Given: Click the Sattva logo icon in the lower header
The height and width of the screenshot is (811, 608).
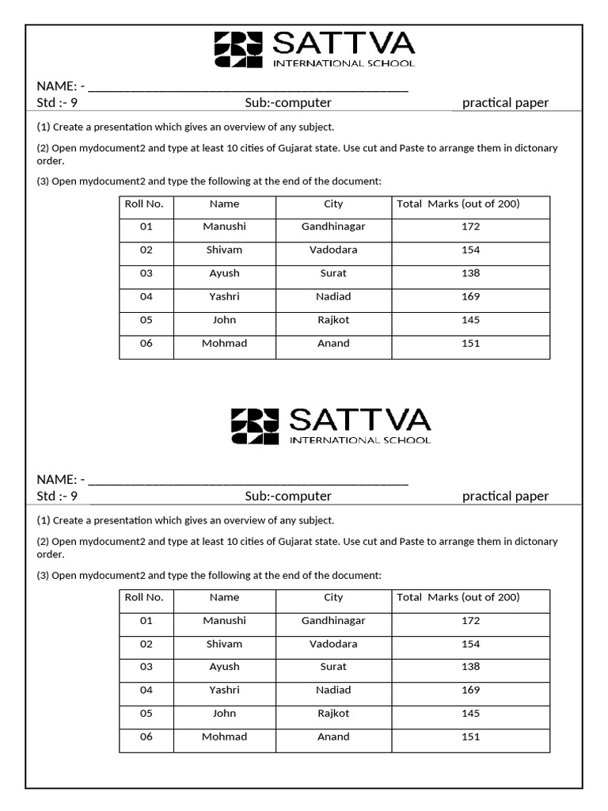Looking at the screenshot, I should (254, 426).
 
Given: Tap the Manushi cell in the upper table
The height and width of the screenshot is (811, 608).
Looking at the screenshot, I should (224, 227).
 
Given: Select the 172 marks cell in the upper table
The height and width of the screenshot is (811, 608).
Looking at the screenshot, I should (470, 227).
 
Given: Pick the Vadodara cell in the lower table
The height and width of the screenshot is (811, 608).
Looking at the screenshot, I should (333, 644).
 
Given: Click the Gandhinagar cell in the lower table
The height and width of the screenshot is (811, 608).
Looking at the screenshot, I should (333, 621).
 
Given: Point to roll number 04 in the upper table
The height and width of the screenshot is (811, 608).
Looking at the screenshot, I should (146, 297).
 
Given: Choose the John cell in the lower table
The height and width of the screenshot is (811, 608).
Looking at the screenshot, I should (224, 714).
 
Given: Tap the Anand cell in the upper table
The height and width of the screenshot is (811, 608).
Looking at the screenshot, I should (333, 344).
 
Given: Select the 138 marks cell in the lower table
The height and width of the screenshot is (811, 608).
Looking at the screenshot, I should (470, 667).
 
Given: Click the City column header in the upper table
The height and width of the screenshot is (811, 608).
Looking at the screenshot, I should (333, 204).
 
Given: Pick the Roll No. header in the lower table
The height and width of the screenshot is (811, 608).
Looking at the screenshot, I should (144, 598).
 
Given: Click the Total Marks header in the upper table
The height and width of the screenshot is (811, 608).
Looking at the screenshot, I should (458, 204).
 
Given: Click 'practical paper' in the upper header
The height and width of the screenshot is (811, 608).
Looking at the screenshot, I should (505, 103).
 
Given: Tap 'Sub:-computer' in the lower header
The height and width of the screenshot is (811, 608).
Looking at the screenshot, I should (288, 497).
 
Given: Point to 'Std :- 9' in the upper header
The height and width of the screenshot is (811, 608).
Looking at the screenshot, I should (57, 103).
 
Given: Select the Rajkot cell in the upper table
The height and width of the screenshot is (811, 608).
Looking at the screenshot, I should (333, 321).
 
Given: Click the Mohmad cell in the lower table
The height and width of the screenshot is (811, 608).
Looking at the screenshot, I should (224, 737).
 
